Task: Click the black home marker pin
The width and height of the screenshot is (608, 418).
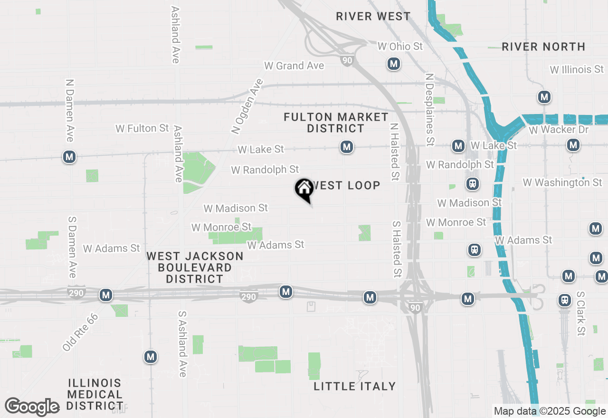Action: click(304, 189)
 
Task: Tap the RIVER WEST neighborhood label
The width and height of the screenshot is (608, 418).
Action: click(373, 16)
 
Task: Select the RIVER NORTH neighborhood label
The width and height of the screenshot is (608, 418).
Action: click(543, 47)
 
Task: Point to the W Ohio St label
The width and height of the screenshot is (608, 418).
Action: click(400, 46)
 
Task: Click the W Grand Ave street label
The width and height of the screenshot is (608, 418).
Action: click(294, 66)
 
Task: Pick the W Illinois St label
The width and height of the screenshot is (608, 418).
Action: click(577, 69)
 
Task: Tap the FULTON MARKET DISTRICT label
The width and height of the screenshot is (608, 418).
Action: click(336, 123)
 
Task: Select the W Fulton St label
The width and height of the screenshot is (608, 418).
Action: click(142, 128)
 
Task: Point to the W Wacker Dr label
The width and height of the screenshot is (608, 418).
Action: click(559, 130)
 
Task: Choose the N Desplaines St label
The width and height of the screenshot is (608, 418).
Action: click(430, 109)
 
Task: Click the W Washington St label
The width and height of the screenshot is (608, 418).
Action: click(562, 182)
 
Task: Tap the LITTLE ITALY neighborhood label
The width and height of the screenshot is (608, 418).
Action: click(355, 386)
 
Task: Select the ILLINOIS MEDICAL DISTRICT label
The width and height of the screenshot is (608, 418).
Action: click(95, 394)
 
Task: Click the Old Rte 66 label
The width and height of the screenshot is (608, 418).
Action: click(80, 332)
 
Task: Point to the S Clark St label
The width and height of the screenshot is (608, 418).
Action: click(580, 314)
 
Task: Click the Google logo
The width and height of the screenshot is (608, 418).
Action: click(32, 407)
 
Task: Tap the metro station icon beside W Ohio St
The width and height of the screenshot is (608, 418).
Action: click(393, 64)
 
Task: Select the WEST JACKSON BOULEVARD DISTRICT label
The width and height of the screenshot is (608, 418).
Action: click(195, 267)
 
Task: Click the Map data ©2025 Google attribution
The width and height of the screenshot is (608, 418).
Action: click(550, 411)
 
